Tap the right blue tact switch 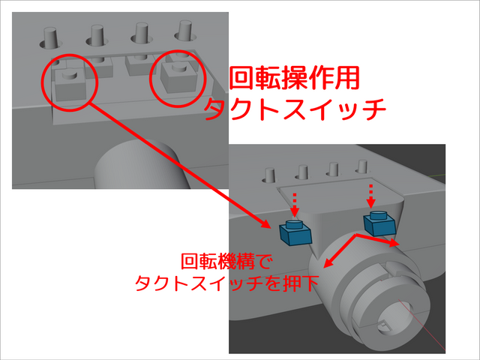[x=378, y=222]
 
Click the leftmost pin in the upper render [x=51, y=37]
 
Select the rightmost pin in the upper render [x=184, y=31]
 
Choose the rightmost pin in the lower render [x=361, y=167]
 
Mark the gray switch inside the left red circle [x=70, y=84]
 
